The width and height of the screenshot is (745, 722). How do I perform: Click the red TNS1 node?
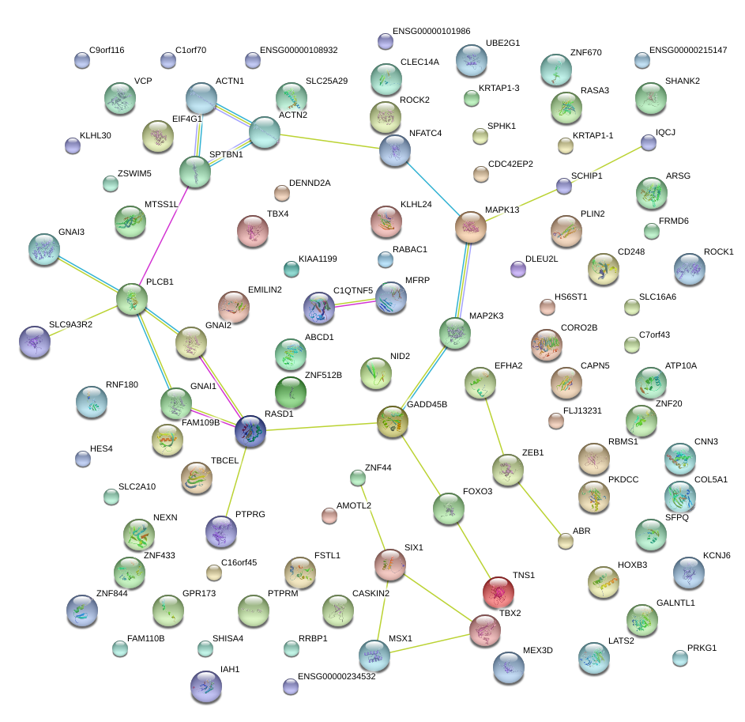(x=499, y=591)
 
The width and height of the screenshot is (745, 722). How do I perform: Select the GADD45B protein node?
(x=392, y=421)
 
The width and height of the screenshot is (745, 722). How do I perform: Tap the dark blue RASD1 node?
(x=250, y=431)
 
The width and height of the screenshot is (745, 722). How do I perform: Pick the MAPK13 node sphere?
(x=471, y=227)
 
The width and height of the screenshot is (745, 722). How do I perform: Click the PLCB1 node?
(x=132, y=300)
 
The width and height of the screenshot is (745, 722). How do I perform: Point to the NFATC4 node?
(x=395, y=150)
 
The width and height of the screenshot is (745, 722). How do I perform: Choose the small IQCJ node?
(x=649, y=142)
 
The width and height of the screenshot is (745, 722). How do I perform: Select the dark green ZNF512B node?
(x=291, y=391)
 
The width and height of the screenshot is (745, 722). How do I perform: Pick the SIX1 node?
(x=389, y=564)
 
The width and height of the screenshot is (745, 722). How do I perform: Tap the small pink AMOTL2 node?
(x=329, y=516)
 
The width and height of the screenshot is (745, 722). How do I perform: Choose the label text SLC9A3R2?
(x=70, y=325)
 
